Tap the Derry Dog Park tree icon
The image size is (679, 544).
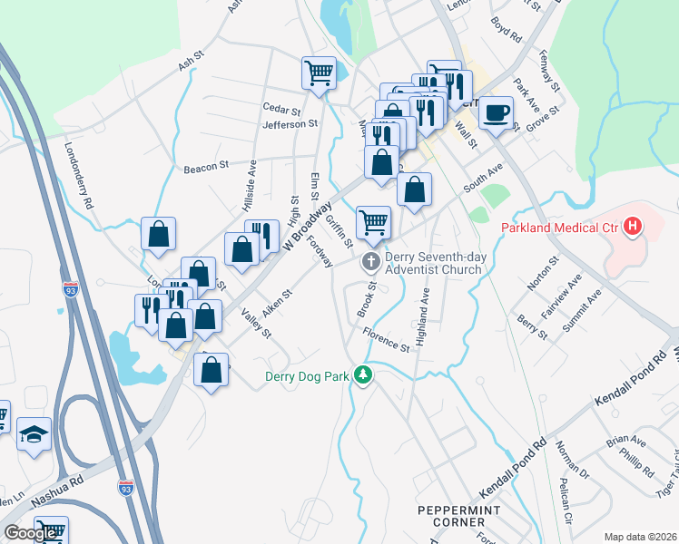[364, 375]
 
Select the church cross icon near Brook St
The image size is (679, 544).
[370, 263]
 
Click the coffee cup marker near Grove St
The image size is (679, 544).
[495, 112]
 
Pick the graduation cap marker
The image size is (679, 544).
[34, 434]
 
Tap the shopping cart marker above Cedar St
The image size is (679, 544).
[319, 73]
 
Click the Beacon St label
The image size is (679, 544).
[205, 167]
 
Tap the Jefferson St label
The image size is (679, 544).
[290, 123]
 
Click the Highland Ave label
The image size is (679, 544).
[423, 309]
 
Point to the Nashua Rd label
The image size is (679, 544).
[57, 492]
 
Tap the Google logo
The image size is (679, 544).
[30, 533]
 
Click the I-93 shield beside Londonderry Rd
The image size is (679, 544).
[72, 289]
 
